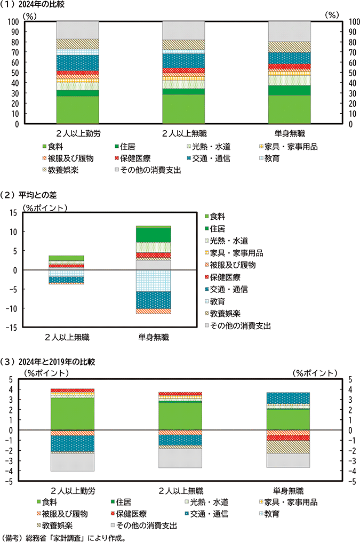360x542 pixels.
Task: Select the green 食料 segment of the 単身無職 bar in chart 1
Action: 289,109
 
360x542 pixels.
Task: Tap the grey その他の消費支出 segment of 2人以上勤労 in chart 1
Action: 77,30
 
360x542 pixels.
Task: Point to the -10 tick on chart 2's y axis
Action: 13,308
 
